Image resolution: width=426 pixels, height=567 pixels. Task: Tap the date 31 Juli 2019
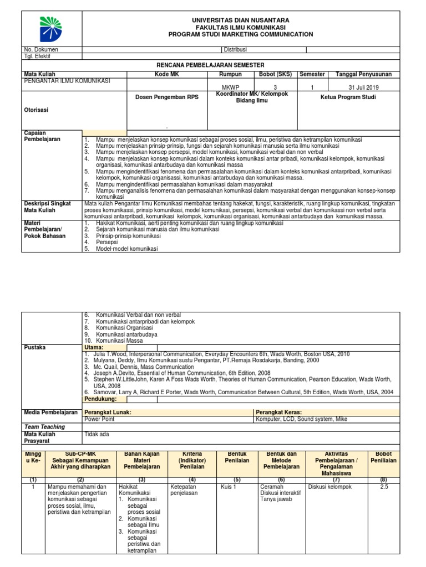click(x=363, y=87)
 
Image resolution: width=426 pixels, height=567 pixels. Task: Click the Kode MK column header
click(x=167, y=74)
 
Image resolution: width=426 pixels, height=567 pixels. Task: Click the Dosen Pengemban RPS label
click(x=167, y=97)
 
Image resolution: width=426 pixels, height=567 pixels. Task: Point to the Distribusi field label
click(x=235, y=49)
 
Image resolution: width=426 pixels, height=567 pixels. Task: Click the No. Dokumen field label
click(x=39, y=49)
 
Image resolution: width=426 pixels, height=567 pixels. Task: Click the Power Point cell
click(x=99, y=419)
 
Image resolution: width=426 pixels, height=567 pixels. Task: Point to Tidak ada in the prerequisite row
click(x=97, y=434)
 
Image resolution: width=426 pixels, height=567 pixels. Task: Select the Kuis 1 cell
click(x=228, y=487)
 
